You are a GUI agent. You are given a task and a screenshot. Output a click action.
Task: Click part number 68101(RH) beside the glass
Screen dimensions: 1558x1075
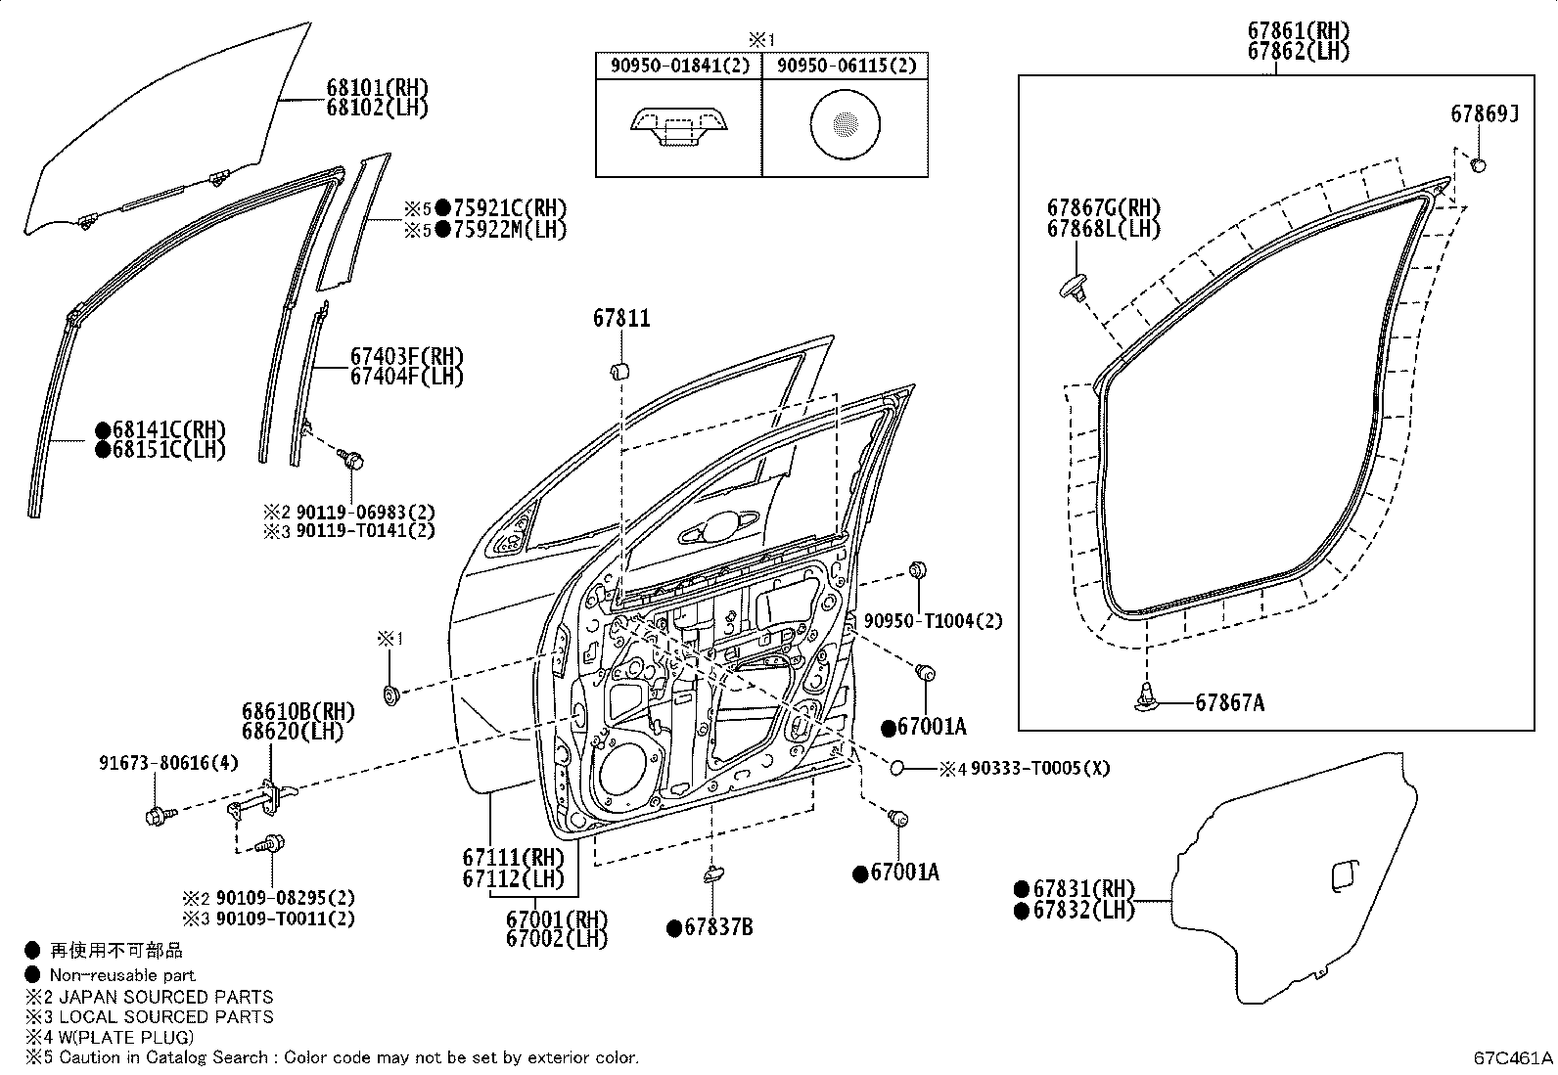[377, 88]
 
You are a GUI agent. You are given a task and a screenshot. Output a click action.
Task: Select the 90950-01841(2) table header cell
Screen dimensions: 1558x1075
[679, 66]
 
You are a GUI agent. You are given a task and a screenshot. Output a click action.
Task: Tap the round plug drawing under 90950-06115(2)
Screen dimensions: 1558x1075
[846, 124]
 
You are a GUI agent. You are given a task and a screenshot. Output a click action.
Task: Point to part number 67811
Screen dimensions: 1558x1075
[621, 319]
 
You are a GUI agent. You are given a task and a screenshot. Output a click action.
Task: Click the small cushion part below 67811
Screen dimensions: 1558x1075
[619, 371]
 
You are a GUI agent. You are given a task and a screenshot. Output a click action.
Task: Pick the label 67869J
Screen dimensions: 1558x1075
[1485, 114]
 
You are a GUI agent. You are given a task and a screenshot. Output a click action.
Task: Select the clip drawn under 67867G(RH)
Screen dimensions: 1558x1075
[1075, 288]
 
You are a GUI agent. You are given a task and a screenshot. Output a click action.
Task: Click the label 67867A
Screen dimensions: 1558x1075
[1230, 703]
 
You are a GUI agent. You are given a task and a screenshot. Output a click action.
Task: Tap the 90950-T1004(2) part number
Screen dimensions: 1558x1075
[933, 620]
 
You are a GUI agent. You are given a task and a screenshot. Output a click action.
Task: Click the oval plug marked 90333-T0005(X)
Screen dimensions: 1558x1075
[897, 768]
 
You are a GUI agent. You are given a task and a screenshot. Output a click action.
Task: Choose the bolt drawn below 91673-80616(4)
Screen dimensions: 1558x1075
[160, 815]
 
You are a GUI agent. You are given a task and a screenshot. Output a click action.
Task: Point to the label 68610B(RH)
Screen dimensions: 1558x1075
[298, 711]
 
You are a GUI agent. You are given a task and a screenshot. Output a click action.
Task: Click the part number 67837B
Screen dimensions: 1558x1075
[718, 927]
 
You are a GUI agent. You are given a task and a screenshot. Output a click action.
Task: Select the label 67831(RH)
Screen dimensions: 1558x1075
[1083, 888]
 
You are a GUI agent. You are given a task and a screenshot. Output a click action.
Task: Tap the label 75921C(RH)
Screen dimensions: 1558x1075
[510, 208]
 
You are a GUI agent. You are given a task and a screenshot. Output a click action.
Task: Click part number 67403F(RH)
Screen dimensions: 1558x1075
[407, 356]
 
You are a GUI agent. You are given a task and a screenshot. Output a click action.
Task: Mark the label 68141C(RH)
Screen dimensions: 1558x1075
[169, 429]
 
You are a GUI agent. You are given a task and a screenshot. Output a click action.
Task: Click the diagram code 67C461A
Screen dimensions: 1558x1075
[1513, 1057]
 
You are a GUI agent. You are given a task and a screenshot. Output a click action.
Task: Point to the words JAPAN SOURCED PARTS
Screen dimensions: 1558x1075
[166, 997]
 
